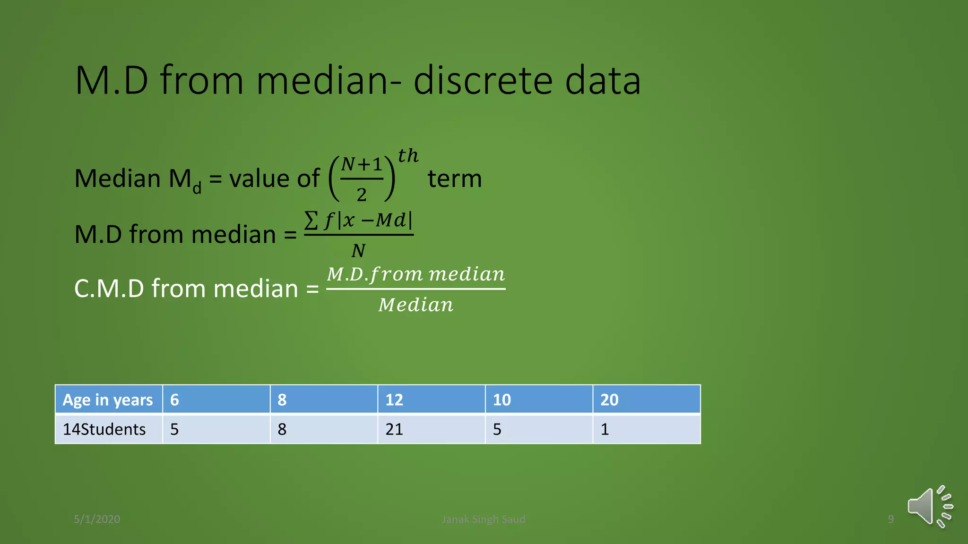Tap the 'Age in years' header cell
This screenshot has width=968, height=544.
[x=108, y=400]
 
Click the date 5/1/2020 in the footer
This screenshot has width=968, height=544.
[x=97, y=519]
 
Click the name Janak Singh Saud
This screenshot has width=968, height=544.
[x=483, y=519]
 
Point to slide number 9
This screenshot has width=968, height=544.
[x=890, y=519]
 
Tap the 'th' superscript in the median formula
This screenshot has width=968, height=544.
[x=408, y=156]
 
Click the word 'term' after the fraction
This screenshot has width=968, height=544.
[x=454, y=179]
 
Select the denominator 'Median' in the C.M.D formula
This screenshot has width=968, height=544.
[x=416, y=305]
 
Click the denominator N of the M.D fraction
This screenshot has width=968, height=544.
[x=358, y=251]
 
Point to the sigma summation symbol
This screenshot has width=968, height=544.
[x=311, y=221]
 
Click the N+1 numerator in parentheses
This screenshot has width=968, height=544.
[x=362, y=165]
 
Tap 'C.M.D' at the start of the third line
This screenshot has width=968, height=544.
[x=109, y=289]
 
